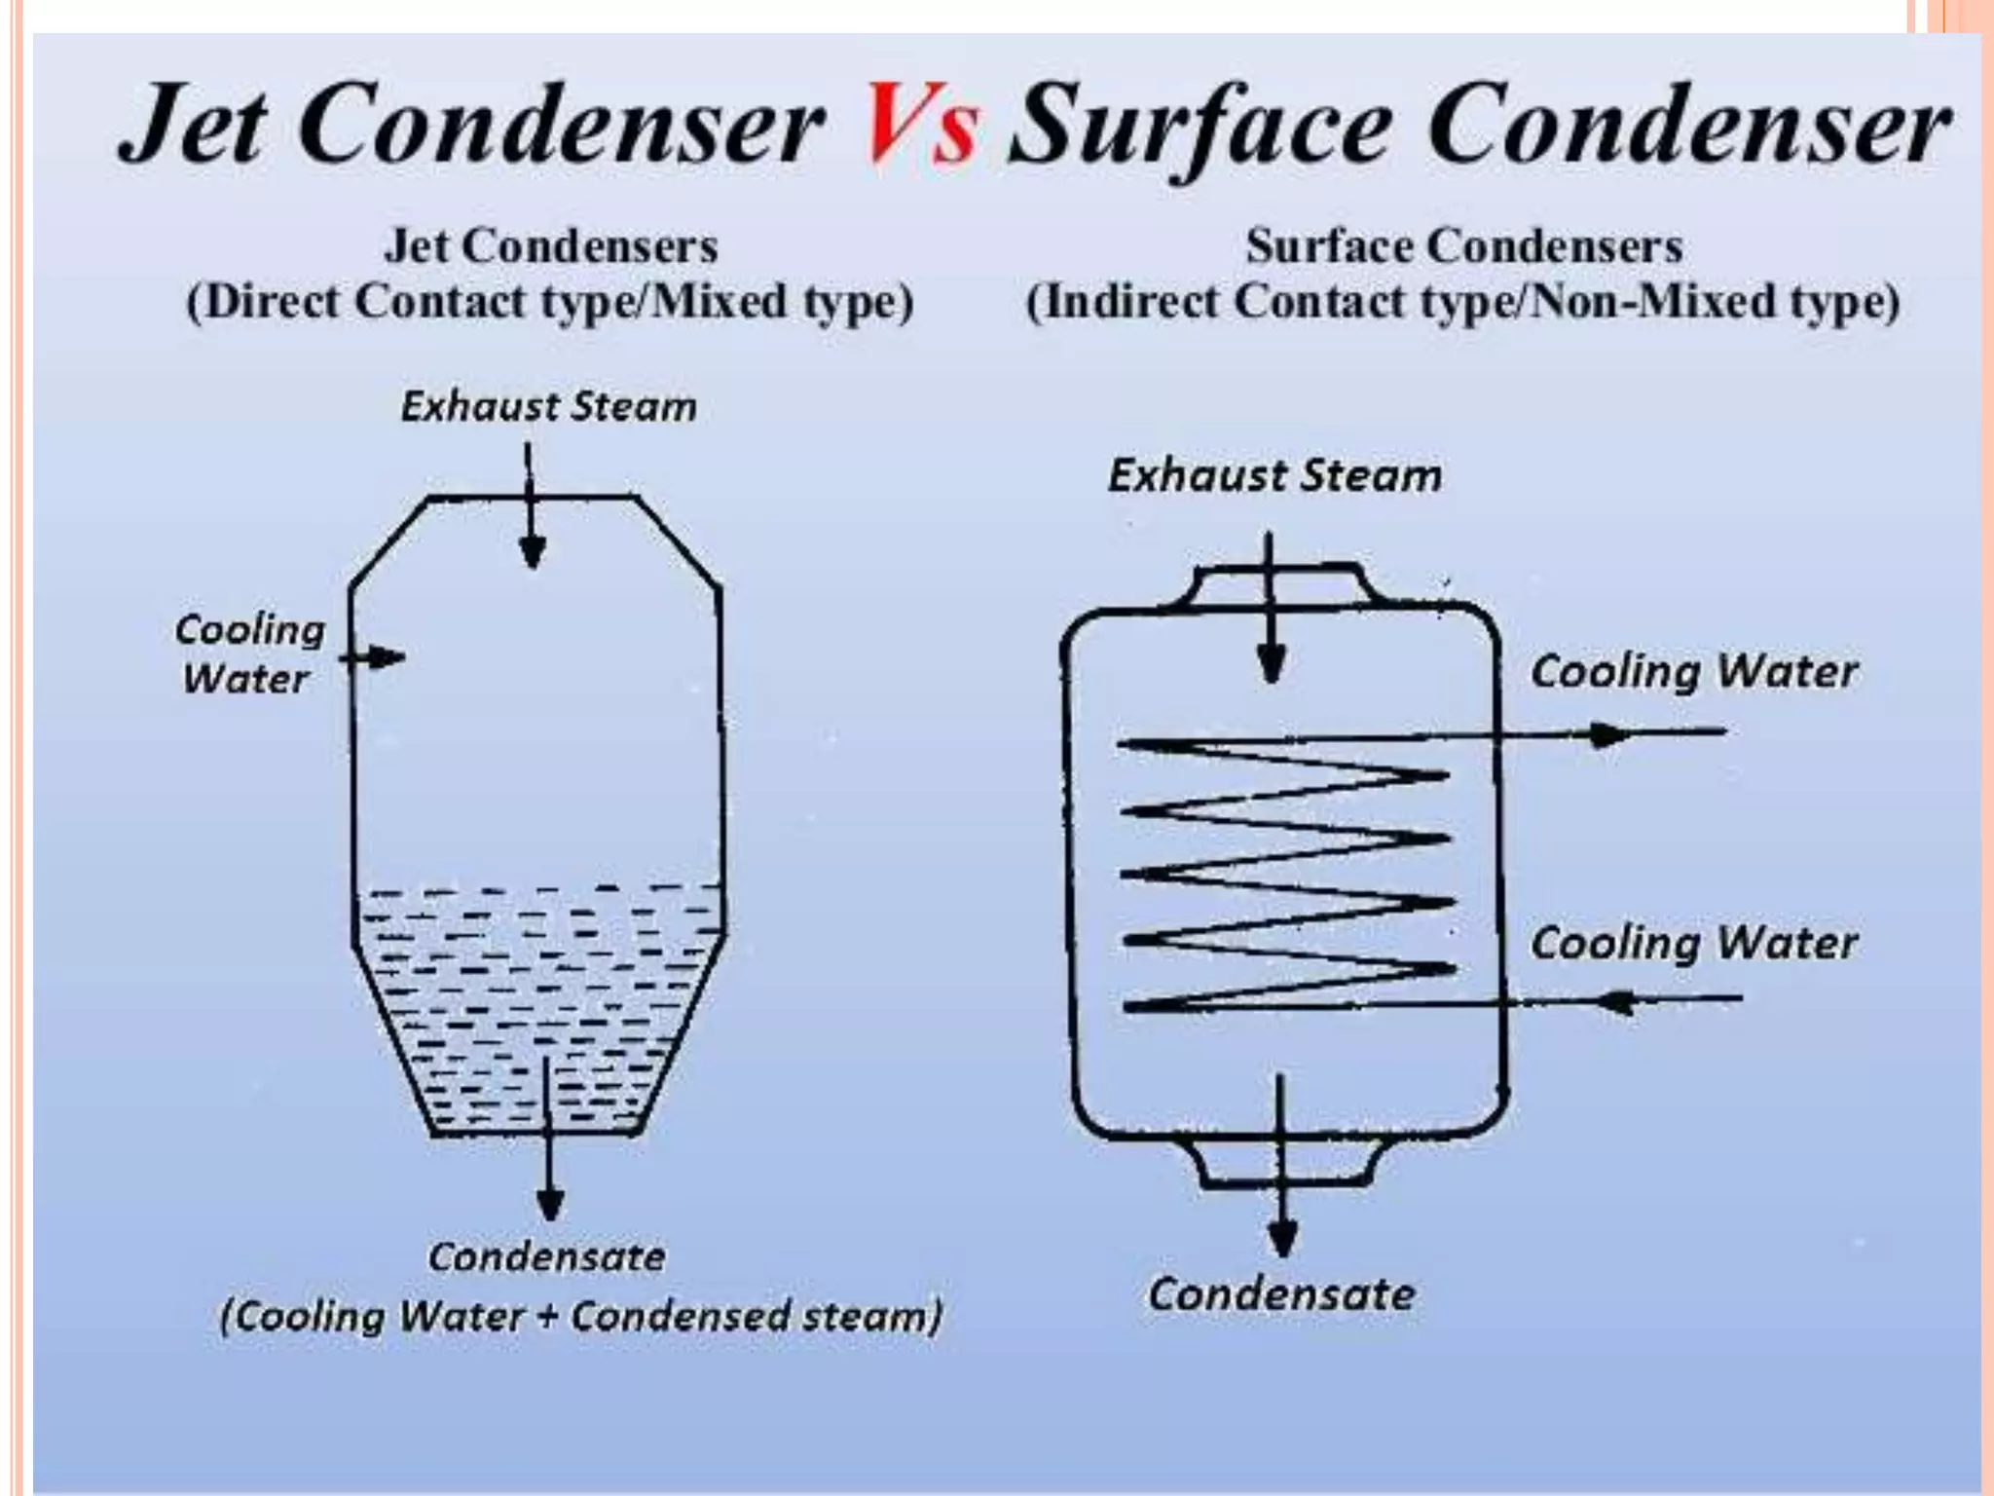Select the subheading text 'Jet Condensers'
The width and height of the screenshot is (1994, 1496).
551,245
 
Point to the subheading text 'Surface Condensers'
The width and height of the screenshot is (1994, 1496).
1463,245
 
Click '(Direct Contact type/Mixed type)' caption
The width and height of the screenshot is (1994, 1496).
550,302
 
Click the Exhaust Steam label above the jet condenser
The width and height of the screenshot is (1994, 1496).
549,406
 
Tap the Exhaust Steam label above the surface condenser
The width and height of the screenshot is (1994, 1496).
1274,475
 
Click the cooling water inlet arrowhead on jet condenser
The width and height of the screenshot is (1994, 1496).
389,657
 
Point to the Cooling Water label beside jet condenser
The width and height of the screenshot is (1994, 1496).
248,654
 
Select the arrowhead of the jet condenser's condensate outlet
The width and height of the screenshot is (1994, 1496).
550,1204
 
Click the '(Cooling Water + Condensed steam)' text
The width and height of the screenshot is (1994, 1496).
581,1316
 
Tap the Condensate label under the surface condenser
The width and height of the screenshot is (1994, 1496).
1281,1294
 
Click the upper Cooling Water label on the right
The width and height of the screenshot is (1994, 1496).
1694,671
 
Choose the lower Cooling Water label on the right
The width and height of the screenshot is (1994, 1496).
1694,942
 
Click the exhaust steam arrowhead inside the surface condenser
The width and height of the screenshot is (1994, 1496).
1271,666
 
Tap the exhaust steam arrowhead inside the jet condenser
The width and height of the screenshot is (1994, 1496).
532,553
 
